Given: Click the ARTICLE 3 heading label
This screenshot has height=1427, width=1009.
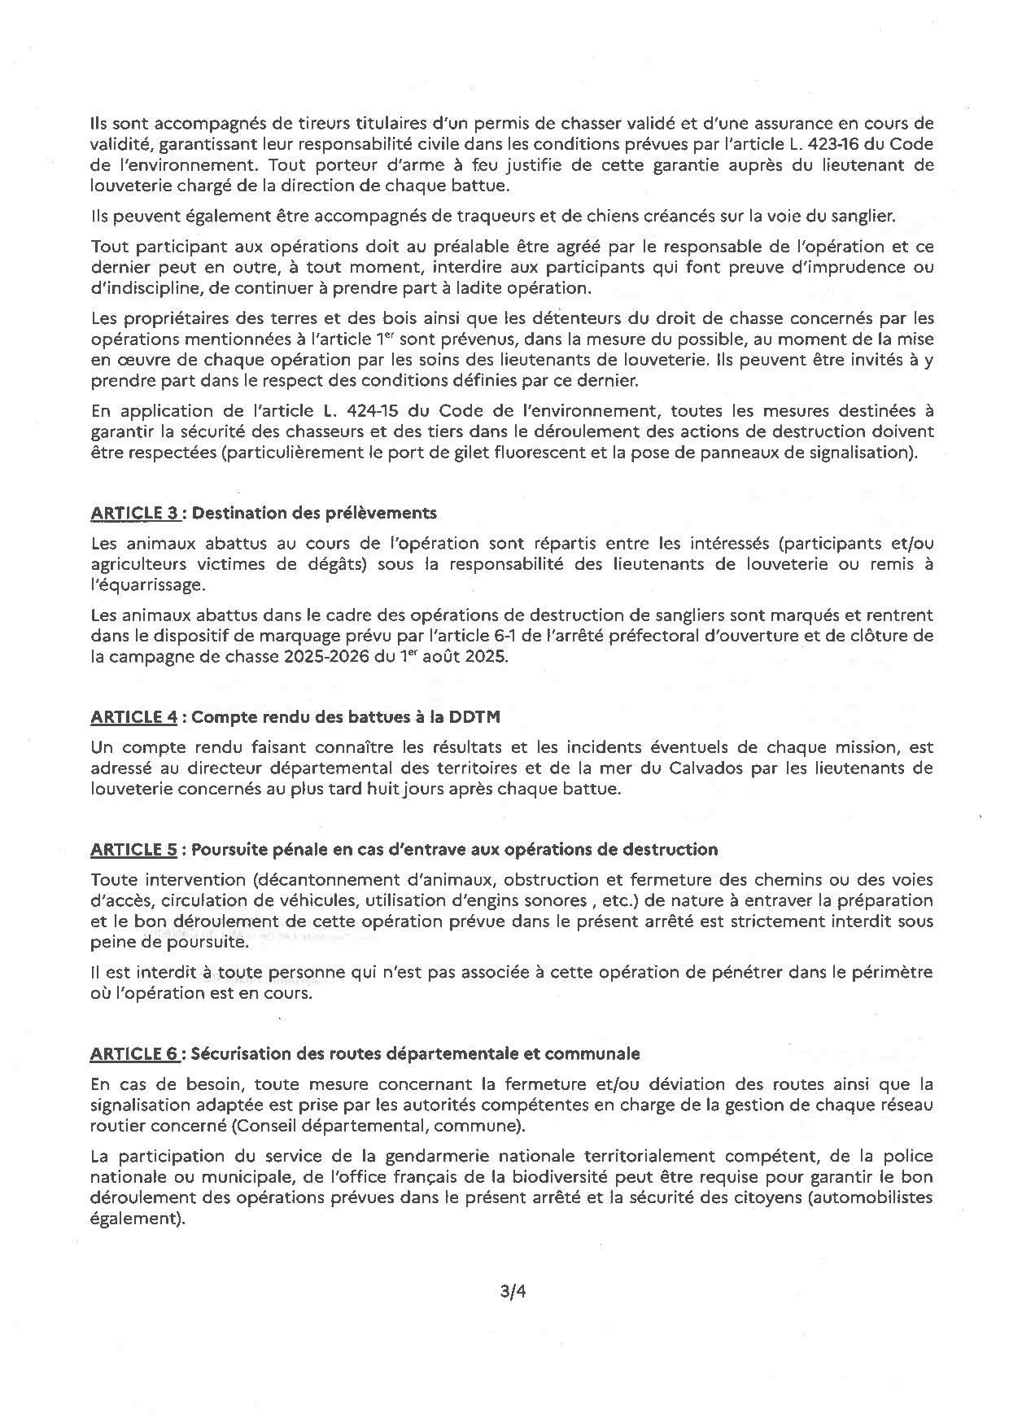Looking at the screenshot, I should [x=134, y=513].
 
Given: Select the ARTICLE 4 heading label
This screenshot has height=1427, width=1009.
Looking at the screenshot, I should [x=134, y=716].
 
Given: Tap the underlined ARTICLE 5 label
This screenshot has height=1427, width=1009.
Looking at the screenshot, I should [x=134, y=850].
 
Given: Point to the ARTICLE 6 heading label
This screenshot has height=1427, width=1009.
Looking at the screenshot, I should [x=134, y=1053].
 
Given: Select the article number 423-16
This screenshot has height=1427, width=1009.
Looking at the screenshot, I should [x=851, y=144].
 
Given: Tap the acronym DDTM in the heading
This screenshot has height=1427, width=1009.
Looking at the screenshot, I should [x=500, y=716].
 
